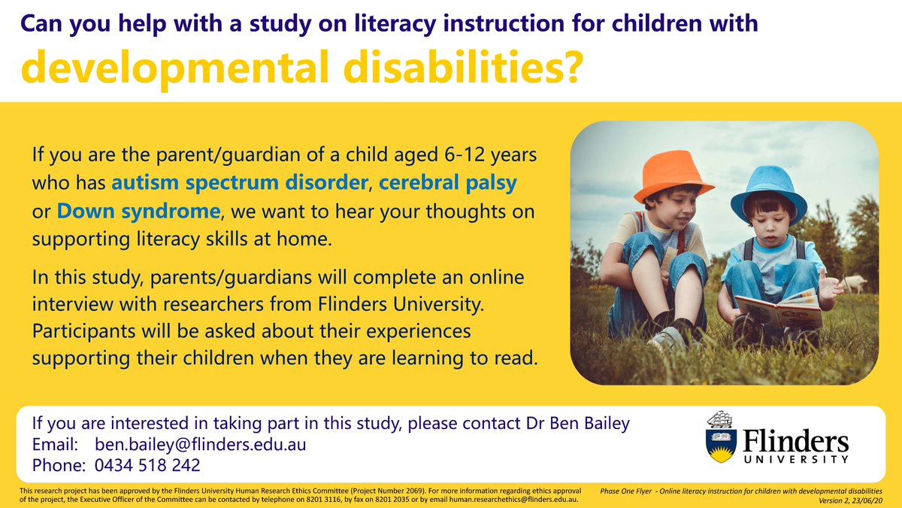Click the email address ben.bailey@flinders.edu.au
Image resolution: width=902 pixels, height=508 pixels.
tap(200, 444)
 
